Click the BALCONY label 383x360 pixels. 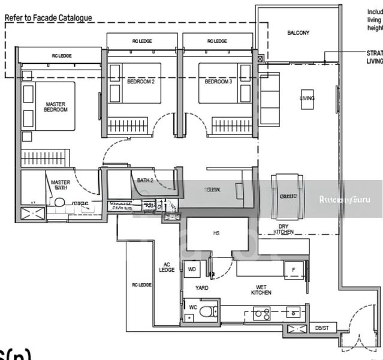point(298,33)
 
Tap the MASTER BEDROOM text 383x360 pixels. point(56,107)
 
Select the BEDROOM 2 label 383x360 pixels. point(141,81)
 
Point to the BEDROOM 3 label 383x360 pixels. point(218,81)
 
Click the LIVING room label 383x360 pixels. point(307,98)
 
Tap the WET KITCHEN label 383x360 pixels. point(261,290)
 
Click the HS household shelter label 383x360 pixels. point(216,233)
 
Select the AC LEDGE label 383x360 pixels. point(167,267)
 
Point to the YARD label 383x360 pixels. point(202,288)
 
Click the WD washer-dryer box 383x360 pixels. point(192,269)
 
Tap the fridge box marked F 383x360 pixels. point(293,269)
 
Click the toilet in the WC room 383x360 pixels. point(206,312)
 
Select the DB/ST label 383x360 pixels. point(322,328)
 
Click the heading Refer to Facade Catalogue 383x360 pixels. point(49,18)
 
